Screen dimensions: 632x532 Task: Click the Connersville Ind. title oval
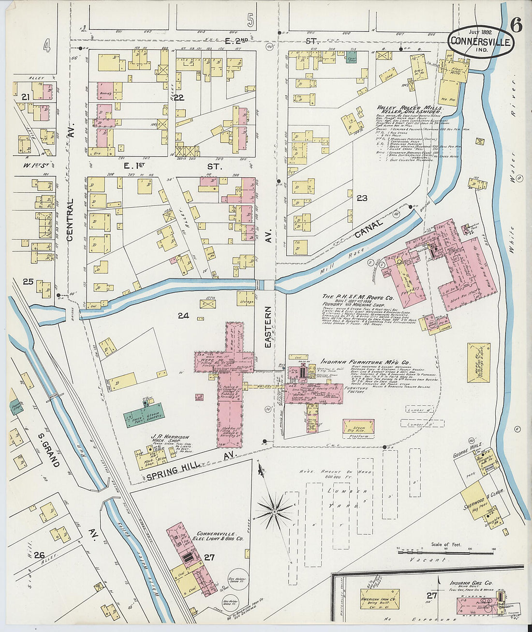pos(480,41)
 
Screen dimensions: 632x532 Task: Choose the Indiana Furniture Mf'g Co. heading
pos(365,362)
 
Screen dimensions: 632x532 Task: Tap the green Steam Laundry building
pos(144,416)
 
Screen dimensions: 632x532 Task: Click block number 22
pos(179,97)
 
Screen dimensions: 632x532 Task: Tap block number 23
pos(362,198)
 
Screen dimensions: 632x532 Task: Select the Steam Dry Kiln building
pos(358,427)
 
